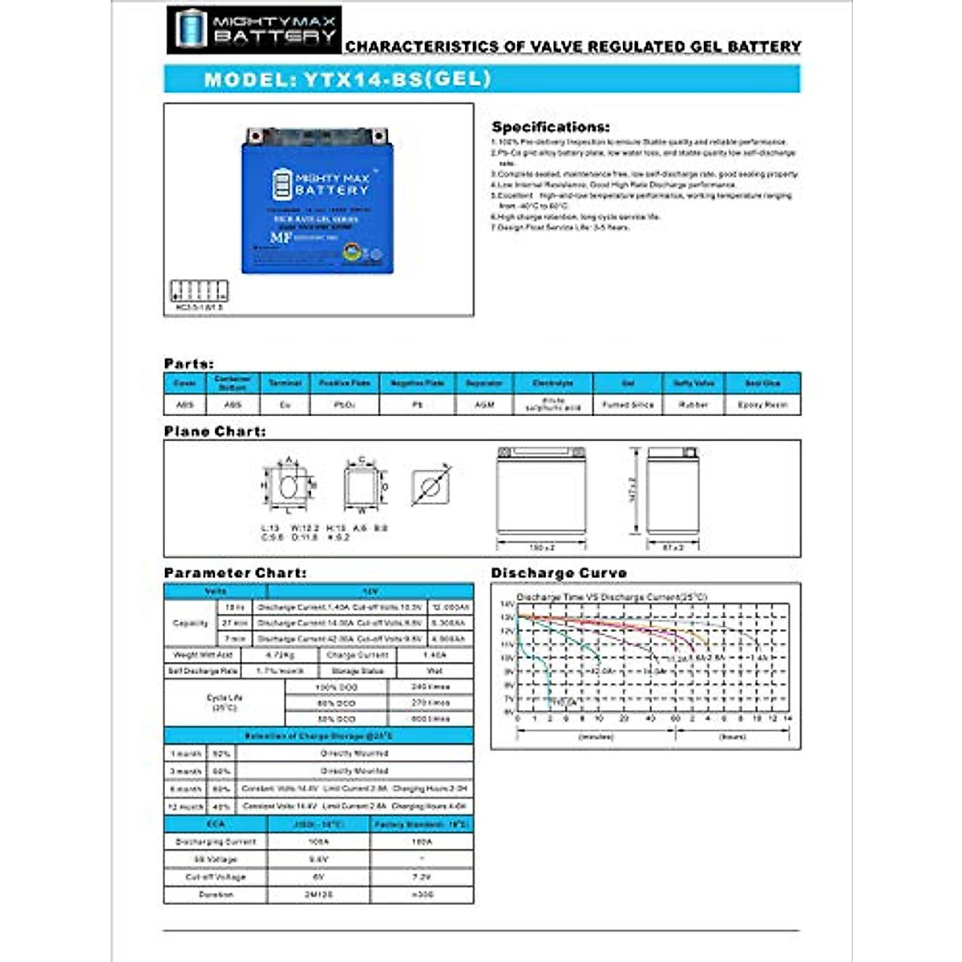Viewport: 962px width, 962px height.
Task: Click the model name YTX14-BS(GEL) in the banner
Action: pos(347,79)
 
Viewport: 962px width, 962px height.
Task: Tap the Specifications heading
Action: pos(550,127)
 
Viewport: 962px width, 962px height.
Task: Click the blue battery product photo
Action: pos(317,200)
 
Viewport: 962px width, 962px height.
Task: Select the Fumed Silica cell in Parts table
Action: pos(628,405)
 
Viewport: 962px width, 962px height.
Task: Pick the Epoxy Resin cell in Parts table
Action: pos(762,405)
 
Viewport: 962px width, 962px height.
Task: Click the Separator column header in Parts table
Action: pos(483,383)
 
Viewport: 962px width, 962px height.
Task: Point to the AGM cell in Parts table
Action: pos(483,405)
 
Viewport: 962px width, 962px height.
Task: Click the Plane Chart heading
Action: pos(215,431)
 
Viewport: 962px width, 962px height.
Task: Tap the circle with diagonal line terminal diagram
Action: pos(430,487)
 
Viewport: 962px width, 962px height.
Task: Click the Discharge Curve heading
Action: pos(559,572)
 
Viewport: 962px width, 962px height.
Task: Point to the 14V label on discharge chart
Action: pos(507,604)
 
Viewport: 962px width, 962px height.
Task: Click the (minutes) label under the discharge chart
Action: pos(596,736)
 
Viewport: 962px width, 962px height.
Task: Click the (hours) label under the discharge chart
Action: pos(732,736)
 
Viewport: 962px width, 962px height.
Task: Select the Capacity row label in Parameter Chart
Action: pos(190,623)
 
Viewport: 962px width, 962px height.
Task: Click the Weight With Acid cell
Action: pos(202,655)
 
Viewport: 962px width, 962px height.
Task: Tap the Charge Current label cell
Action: pos(357,655)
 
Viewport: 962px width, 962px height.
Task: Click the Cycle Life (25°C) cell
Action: pos(224,702)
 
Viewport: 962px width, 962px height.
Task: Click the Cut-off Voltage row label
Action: pos(215,877)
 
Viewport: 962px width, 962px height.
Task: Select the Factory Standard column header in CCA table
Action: pos(422,824)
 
